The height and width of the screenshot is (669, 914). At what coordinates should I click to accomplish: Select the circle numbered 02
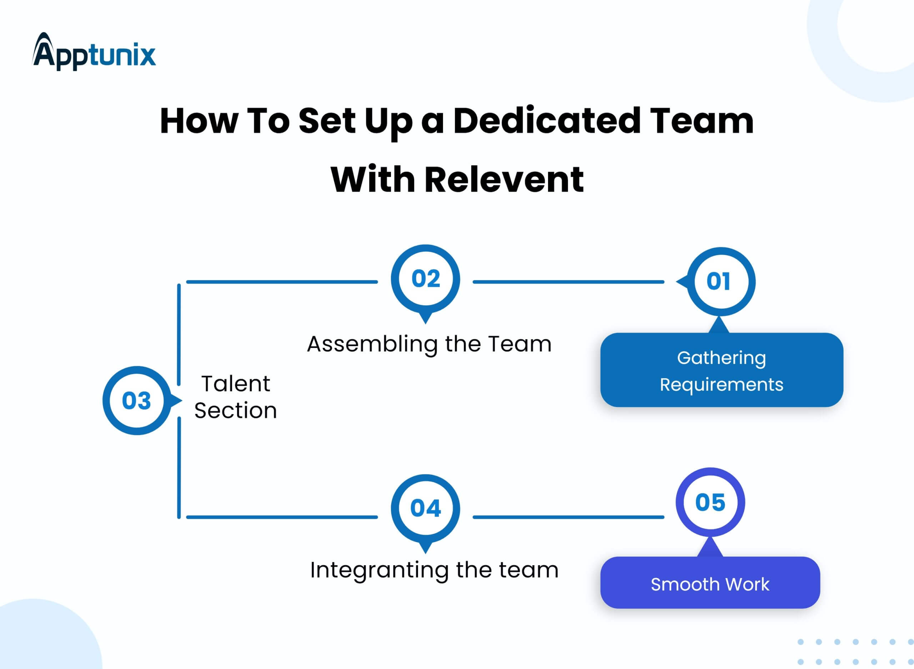(425, 279)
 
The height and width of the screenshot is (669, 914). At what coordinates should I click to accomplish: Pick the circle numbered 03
(137, 401)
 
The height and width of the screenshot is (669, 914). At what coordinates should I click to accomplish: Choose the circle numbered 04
(425, 508)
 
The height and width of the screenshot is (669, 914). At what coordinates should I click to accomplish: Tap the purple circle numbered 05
(710, 502)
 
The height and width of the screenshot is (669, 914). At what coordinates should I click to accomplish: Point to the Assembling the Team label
(429, 344)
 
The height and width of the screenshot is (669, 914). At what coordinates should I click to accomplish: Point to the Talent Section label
(235, 397)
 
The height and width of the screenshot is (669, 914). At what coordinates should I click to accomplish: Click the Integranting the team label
(434, 570)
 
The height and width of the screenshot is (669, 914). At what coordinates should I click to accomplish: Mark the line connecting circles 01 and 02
(568, 282)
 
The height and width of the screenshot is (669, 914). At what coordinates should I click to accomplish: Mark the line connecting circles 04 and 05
(568, 517)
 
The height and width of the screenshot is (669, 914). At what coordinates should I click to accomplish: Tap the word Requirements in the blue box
(722, 384)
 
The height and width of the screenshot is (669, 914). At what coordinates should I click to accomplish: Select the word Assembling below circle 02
(372, 345)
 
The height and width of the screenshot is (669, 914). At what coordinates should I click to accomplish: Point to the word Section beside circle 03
(235, 411)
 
